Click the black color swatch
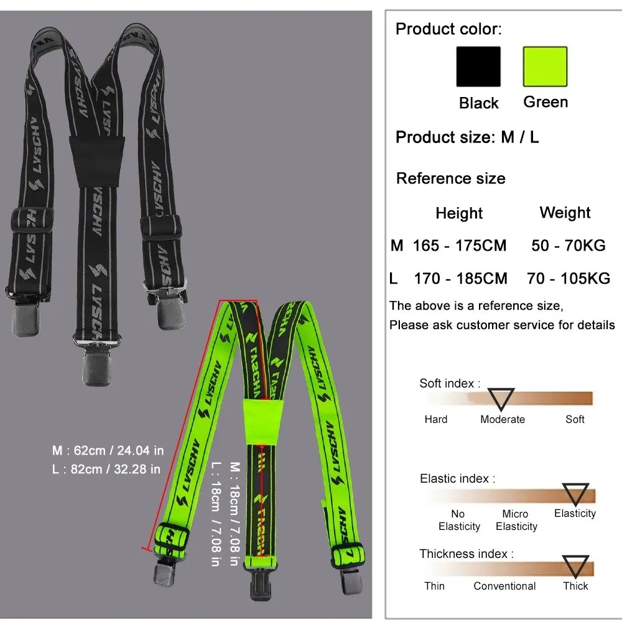pos(478,67)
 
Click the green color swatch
pos(545,67)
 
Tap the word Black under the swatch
pos(478,103)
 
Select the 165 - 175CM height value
pos(460,246)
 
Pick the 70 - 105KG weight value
pos(569,278)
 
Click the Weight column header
pos(565,213)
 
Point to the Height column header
pos(459,213)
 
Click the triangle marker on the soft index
pos(501,397)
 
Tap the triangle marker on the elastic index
pos(575,493)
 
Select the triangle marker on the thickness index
pos(575,566)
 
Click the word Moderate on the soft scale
pos(503,419)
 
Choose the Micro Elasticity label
pos(516,520)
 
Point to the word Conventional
pos(504,586)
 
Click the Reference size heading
pos(450,179)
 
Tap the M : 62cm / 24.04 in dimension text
pos(108,450)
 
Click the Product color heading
pos(448,29)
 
